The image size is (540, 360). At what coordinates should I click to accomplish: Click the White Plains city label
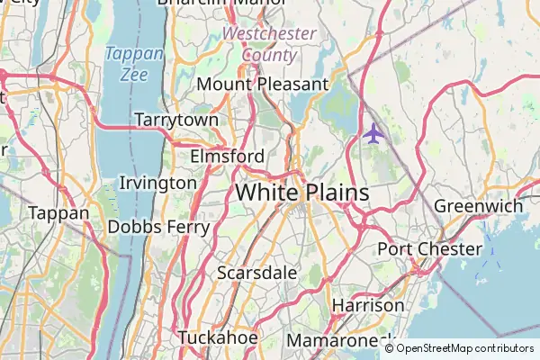tap(302, 193)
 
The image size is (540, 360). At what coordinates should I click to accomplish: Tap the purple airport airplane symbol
tap(373, 134)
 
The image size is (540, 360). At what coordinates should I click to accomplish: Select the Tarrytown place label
tap(176, 120)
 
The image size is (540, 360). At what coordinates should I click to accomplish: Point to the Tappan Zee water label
tap(134, 64)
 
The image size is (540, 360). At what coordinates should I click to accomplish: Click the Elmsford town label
tap(228, 157)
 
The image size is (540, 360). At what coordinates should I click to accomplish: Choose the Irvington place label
tap(157, 183)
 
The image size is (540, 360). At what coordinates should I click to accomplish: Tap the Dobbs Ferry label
tap(158, 227)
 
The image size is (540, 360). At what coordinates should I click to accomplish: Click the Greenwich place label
tap(478, 206)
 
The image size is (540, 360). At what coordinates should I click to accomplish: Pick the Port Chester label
tap(429, 248)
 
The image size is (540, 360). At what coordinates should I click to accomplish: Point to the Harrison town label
tap(368, 305)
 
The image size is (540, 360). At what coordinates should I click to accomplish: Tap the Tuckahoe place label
tap(218, 337)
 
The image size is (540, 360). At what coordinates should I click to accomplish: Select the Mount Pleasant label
tap(262, 84)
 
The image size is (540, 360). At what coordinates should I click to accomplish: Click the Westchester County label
tap(269, 44)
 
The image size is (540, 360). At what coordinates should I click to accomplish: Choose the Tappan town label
tap(58, 213)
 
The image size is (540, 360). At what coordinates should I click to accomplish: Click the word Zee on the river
tap(134, 75)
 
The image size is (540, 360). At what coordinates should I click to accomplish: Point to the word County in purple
tap(268, 55)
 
